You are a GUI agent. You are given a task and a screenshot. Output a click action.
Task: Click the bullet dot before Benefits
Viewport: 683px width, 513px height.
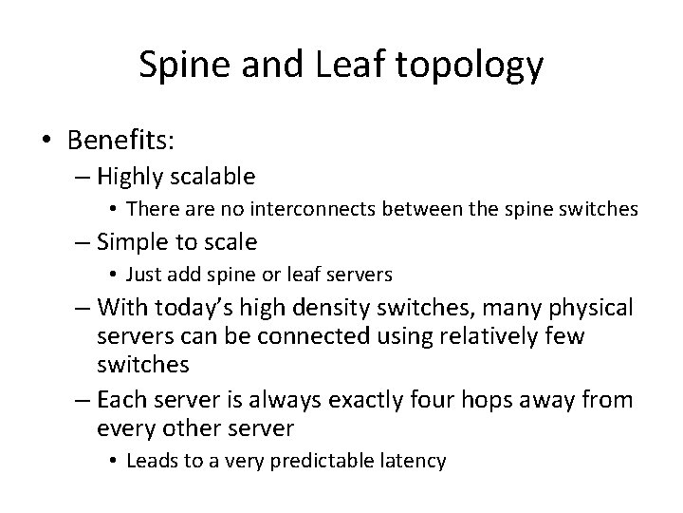click(x=46, y=141)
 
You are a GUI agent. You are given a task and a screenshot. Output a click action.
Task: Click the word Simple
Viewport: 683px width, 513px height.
click(x=133, y=241)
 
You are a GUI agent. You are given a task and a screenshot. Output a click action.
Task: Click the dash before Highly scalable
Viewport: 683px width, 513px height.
click(x=81, y=177)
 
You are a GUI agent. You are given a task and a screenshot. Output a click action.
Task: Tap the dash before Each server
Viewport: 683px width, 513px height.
click(x=81, y=400)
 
